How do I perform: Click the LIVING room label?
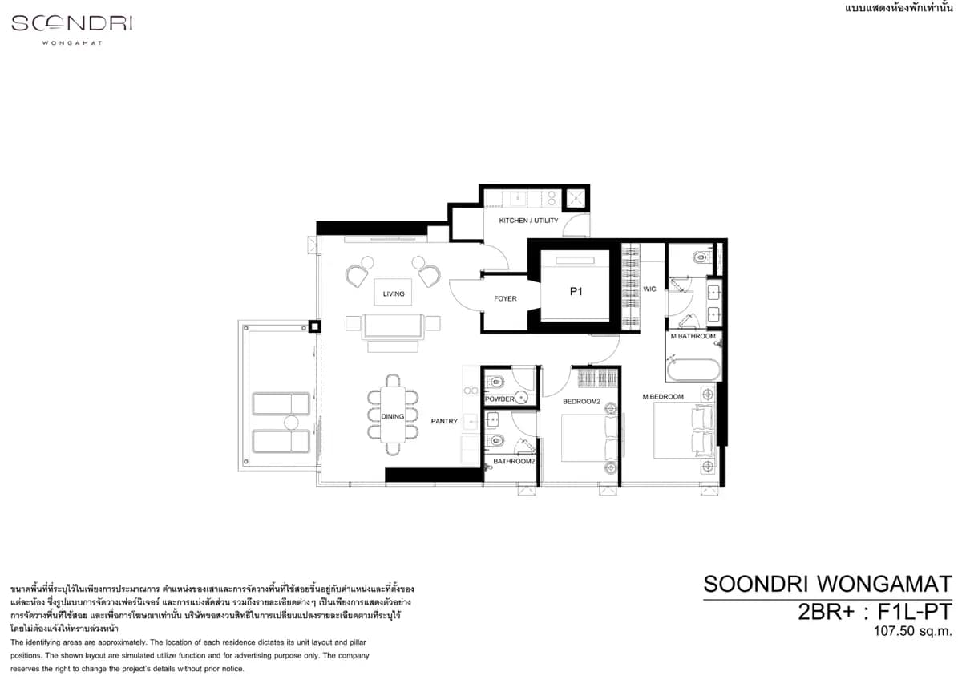click(394, 293)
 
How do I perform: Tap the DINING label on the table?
click(393, 416)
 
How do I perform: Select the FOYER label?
click(505, 298)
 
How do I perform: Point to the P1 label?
click(576, 292)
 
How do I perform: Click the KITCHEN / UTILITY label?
click(528, 221)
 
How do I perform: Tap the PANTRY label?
click(444, 421)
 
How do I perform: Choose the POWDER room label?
click(499, 399)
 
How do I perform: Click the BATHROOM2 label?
click(514, 461)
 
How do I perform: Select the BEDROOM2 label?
click(581, 401)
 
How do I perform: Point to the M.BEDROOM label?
click(663, 396)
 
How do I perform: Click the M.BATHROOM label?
click(693, 336)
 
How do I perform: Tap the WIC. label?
click(650, 289)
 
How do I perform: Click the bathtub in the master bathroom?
click(693, 370)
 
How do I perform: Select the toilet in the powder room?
click(495, 381)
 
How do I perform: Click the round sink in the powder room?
click(521, 398)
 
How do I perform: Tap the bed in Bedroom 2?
click(588, 438)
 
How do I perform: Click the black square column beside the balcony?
click(314, 326)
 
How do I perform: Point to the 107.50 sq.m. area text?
click(912, 631)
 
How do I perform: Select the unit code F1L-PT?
click(915, 612)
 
